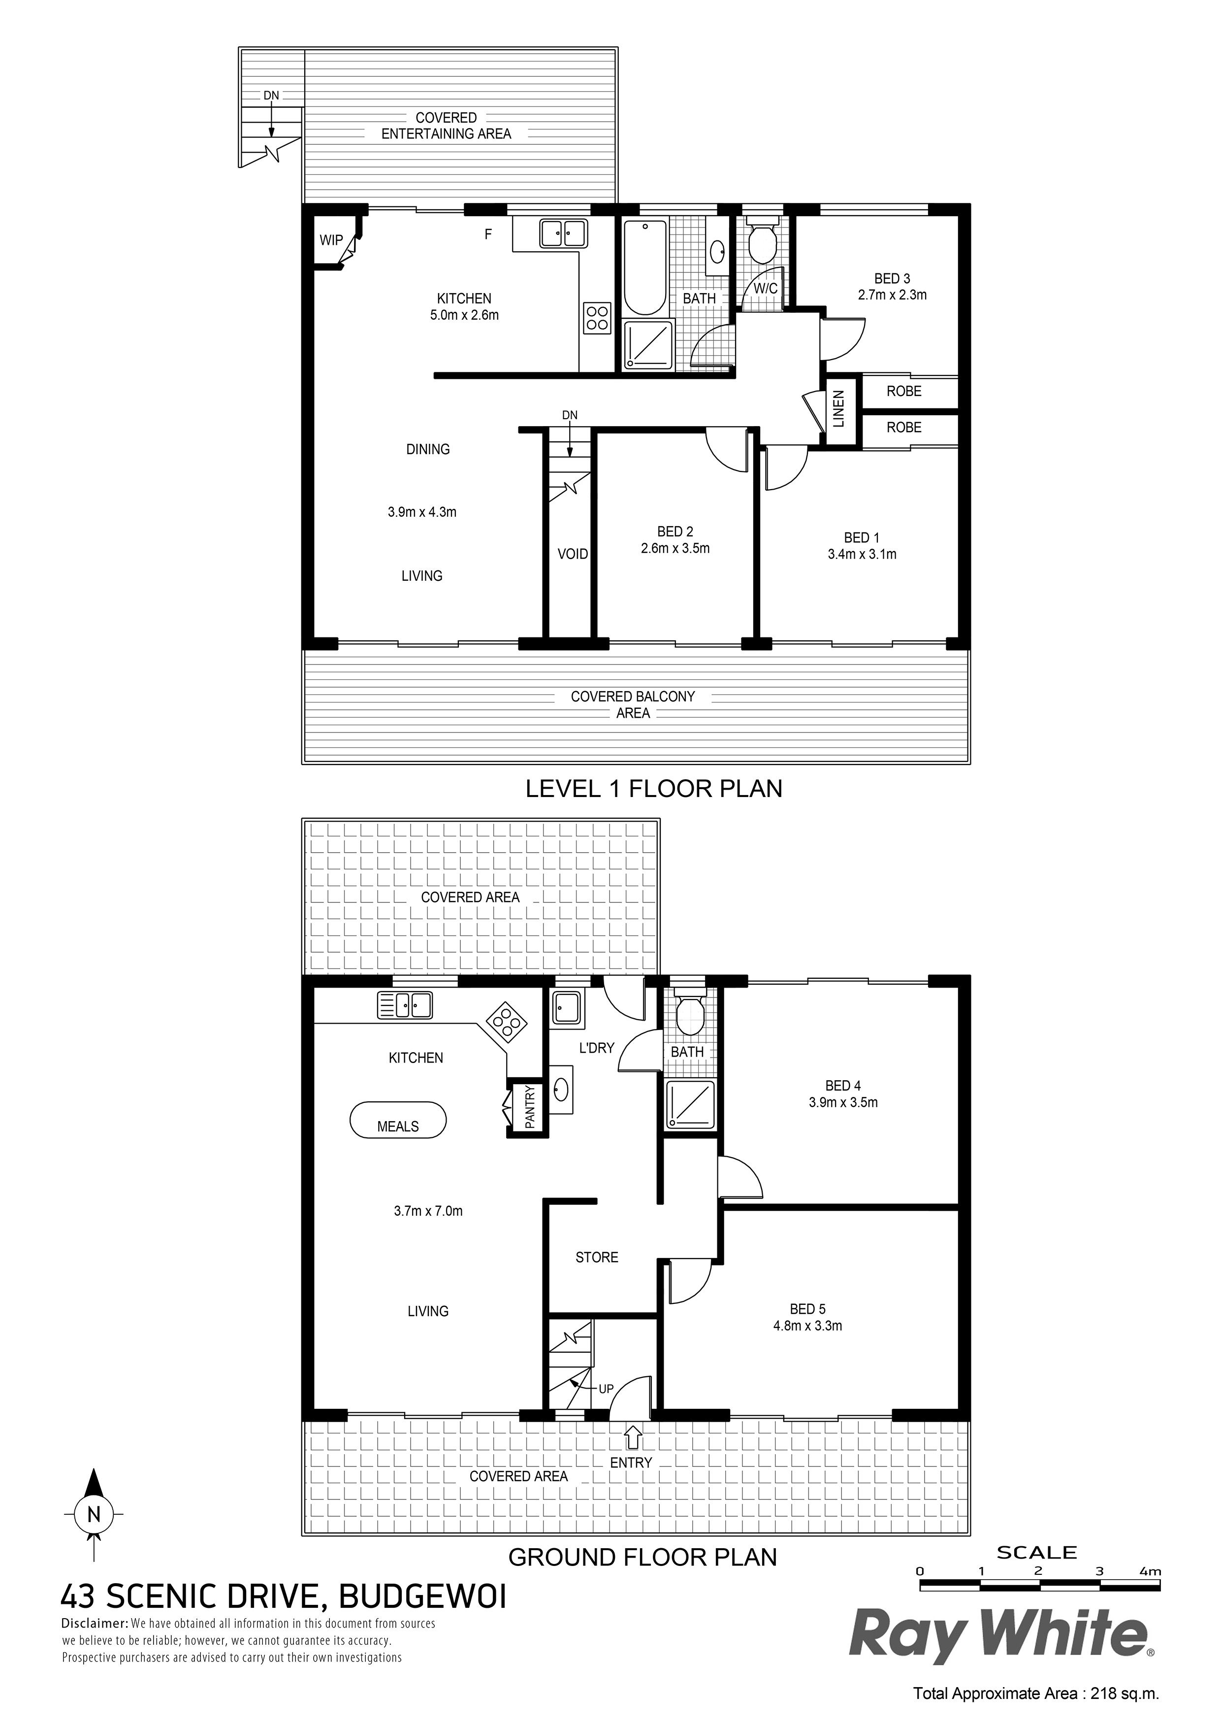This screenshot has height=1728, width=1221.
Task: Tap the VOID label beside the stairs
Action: [573, 555]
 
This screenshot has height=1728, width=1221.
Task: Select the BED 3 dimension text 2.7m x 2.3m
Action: [892, 295]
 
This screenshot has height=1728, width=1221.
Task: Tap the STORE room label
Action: [597, 1257]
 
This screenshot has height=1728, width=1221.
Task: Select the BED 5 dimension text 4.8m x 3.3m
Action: [807, 1326]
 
